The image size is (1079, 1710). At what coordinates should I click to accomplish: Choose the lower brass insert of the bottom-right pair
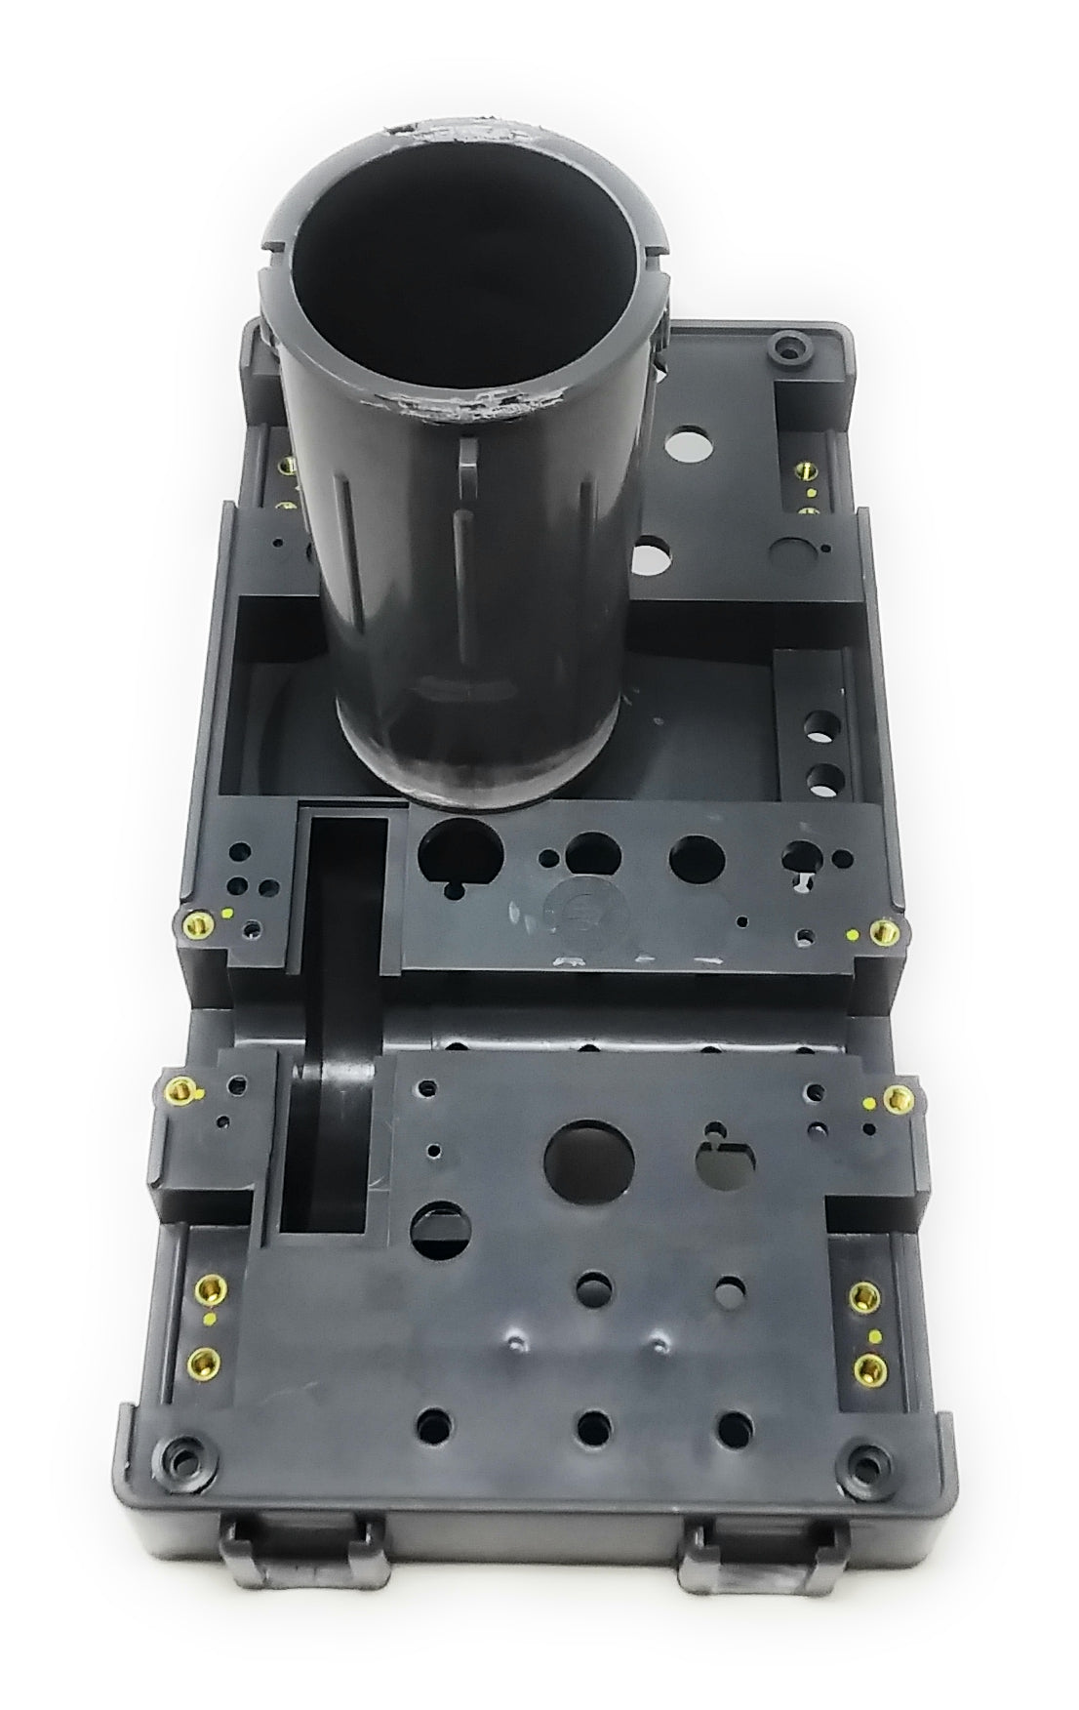pyautogui.click(x=863, y=1371)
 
